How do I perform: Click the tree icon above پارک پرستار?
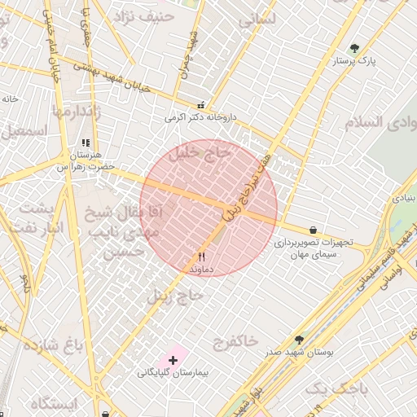[x=353, y=49]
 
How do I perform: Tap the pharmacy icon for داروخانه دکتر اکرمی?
[x=201, y=105]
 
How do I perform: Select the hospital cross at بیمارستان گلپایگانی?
[x=173, y=359]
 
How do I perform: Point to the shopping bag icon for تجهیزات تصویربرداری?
[x=314, y=230]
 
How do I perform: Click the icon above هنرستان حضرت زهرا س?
[x=86, y=143]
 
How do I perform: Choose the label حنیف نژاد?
[x=144, y=15]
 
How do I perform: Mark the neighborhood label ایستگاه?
[x=52, y=403]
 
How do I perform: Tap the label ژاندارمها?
[x=77, y=112]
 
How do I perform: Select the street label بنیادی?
[x=405, y=198]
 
